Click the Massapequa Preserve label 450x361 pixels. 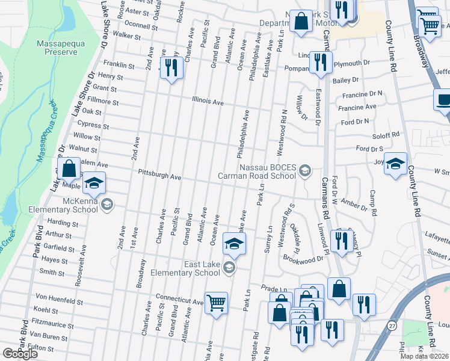57,48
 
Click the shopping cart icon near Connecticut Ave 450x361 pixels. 216,303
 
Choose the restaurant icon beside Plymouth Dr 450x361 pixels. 320,62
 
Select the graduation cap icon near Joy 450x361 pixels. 395,164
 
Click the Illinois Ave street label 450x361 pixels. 208,102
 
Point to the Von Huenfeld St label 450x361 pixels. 58,297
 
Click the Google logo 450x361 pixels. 20,354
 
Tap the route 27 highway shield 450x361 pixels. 392,326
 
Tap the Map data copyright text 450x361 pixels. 424,356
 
